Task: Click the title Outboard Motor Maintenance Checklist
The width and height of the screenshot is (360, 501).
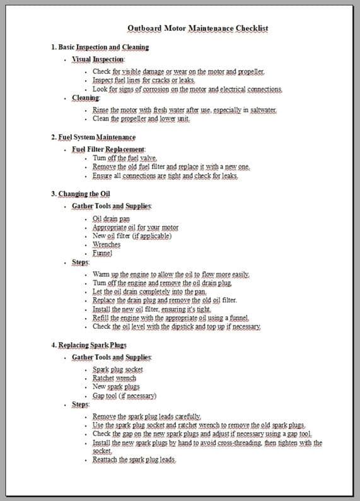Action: pos(197,28)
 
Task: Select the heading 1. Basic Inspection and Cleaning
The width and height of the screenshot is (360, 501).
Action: pos(100,47)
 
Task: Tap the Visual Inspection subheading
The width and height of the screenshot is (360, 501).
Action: pos(98,59)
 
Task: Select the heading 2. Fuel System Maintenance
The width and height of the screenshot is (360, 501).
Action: pos(93,137)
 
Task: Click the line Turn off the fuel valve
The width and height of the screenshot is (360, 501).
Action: pos(125,158)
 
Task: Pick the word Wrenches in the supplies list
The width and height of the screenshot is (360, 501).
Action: pos(107,244)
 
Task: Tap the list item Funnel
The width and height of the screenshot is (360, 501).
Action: pos(102,253)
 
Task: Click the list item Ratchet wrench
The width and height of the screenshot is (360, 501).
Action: pos(114,378)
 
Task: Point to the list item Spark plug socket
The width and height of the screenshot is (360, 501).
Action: pos(118,369)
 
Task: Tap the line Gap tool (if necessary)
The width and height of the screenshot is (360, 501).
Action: pos(124,396)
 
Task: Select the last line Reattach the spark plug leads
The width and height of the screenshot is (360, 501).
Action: pos(134,460)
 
